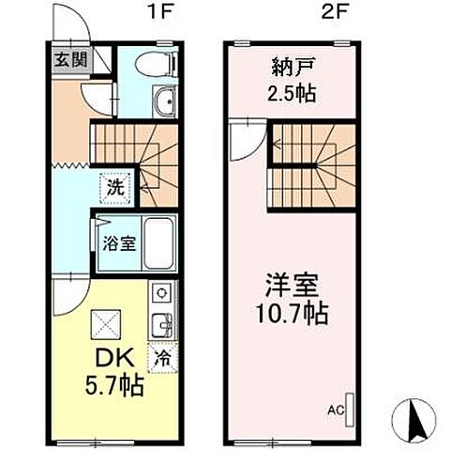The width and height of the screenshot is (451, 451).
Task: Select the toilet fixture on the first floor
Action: (x=156, y=64)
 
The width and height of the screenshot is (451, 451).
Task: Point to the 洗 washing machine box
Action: (x=114, y=186)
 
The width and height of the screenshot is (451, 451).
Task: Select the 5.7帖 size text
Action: (x=111, y=385)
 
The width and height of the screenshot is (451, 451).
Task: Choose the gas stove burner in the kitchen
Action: (x=159, y=293)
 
